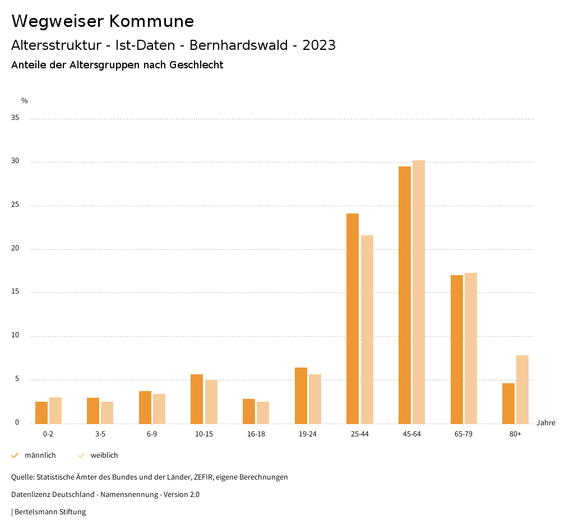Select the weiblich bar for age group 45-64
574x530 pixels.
click(x=419, y=292)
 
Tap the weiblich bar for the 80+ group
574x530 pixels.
click(x=522, y=389)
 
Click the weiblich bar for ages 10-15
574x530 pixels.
click(x=211, y=402)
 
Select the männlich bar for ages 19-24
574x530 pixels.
click(x=301, y=396)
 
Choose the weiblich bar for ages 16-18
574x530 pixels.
click(x=263, y=412)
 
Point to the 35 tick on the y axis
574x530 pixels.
click(x=15, y=118)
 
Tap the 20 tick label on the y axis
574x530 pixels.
click(x=15, y=249)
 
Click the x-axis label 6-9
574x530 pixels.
click(x=152, y=434)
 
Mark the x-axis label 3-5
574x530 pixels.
click(x=100, y=434)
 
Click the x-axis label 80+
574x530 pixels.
click(x=516, y=434)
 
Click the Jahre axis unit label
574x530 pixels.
click(x=546, y=423)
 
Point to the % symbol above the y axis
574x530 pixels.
click(x=25, y=101)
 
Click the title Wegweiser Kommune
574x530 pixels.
click(x=103, y=21)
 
